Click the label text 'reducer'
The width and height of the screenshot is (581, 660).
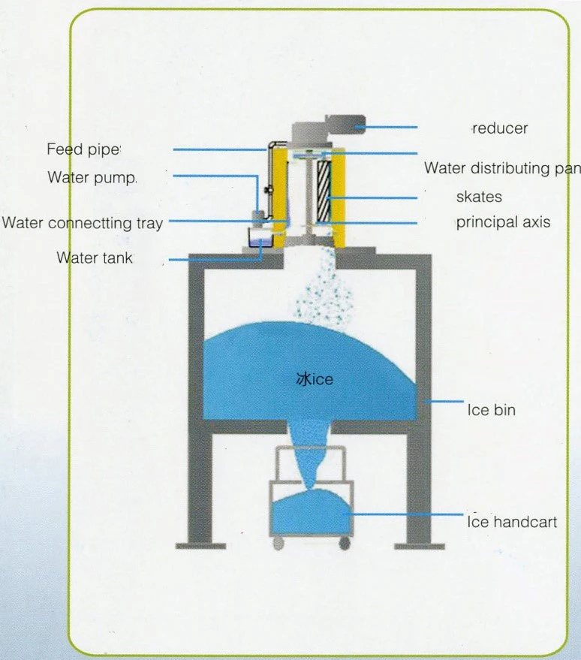[500, 128]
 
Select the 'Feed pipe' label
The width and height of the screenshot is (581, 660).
[83, 149]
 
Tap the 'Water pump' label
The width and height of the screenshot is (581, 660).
[92, 178]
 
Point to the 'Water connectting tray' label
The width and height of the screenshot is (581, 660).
[82, 223]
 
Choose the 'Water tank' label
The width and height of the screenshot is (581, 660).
[95, 258]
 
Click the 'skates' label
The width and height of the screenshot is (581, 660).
[479, 197]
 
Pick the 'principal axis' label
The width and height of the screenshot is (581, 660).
[503, 222]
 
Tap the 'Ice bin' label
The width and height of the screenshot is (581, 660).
[491, 410]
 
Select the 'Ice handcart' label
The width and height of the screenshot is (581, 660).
[512, 521]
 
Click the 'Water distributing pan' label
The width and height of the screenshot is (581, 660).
[501, 168]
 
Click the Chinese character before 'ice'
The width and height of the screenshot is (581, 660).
[303, 380]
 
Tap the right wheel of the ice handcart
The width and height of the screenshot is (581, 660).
[344, 543]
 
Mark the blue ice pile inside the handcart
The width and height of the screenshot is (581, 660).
[312, 510]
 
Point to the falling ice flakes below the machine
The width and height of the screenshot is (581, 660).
[322, 297]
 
